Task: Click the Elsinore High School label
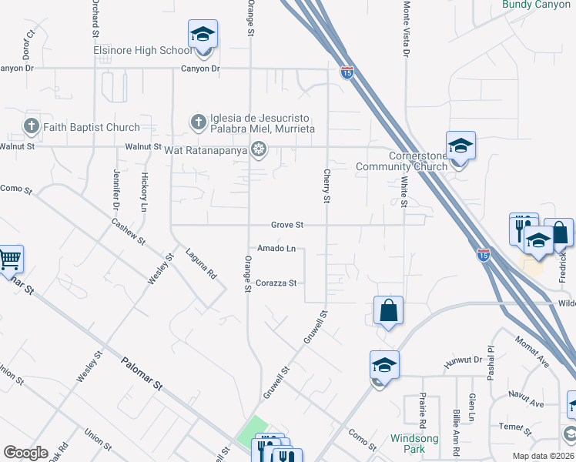coord(143,51)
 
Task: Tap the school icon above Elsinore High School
coord(203,35)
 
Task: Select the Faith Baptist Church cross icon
coord(32,126)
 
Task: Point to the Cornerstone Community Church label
coord(401,160)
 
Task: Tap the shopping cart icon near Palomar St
coord(10,259)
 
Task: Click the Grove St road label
coord(288,225)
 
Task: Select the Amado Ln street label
coord(276,248)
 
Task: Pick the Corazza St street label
coord(276,283)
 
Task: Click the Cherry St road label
coord(327,186)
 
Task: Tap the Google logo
coord(26,453)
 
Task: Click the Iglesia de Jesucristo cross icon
coord(198,122)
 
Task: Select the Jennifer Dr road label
coord(117,190)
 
